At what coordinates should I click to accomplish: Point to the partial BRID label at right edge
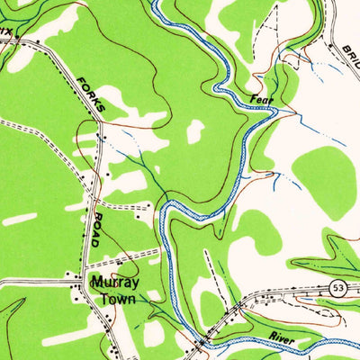tap(350, 58)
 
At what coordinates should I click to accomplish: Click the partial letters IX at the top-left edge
tap(6, 31)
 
